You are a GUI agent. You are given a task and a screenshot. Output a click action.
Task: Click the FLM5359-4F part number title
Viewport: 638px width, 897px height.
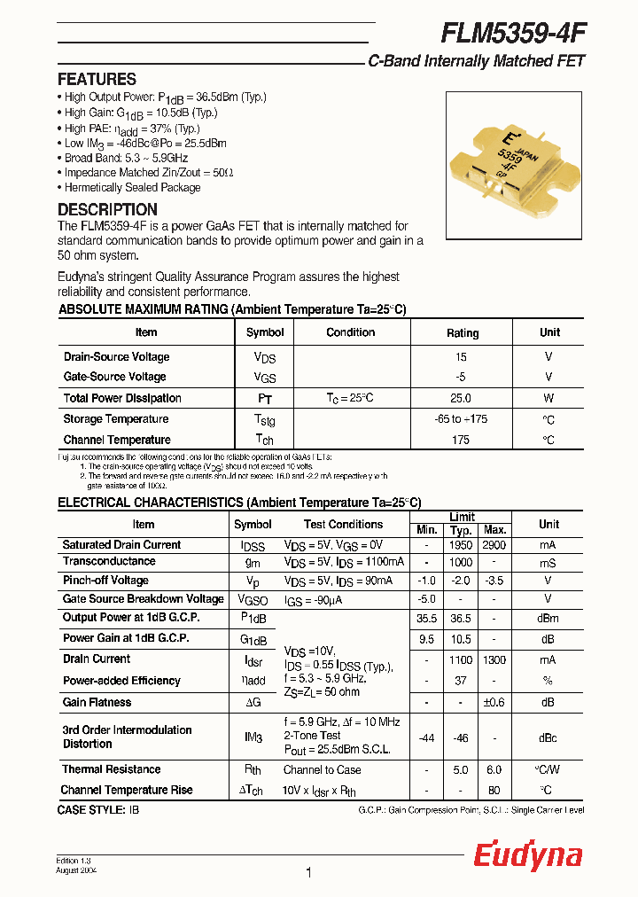(x=513, y=33)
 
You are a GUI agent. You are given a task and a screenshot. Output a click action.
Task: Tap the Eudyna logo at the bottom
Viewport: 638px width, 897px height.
(x=527, y=855)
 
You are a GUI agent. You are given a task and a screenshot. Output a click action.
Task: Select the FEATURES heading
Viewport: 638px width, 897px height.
(x=97, y=79)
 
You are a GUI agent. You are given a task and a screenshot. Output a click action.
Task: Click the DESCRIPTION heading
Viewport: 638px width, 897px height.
(x=107, y=210)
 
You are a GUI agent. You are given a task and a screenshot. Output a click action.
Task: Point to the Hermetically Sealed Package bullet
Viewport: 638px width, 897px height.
(x=132, y=188)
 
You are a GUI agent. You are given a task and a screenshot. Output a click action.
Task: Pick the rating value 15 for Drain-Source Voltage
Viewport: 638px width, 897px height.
(x=461, y=356)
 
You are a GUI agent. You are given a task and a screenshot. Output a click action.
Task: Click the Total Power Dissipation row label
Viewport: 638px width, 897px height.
(x=122, y=398)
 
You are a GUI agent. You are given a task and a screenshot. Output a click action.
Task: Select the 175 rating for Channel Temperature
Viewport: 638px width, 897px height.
(x=461, y=440)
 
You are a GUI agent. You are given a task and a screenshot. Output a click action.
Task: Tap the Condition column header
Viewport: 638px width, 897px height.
(x=351, y=332)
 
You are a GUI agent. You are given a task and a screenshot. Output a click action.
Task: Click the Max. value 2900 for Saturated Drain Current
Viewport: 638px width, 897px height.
(x=494, y=545)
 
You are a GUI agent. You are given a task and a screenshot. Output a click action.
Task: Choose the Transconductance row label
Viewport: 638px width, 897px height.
(x=109, y=561)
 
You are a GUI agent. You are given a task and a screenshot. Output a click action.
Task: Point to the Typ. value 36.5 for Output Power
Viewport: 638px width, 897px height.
(x=461, y=618)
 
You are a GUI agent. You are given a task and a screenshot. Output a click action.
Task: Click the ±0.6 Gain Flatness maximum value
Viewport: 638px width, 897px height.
(x=494, y=702)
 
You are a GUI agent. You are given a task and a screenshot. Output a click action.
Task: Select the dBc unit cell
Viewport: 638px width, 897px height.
(x=549, y=737)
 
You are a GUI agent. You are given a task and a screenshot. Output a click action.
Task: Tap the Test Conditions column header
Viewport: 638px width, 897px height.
(x=343, y=524)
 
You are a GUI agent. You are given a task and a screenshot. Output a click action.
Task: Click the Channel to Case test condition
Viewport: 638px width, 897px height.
(x=323, y=769)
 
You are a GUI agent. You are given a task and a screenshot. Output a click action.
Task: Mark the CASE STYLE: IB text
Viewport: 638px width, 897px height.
(x=98, y=810)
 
